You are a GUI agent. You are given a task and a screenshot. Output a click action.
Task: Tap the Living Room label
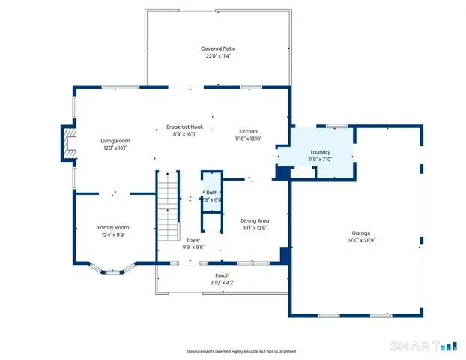pos(115,141)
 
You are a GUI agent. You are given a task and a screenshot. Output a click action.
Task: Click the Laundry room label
pos(320,151)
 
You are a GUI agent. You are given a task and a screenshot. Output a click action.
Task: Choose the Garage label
pos(361,233)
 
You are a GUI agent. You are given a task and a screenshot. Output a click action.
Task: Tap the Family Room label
pos(113,227)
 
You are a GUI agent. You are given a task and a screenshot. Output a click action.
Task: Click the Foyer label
pos(193,239)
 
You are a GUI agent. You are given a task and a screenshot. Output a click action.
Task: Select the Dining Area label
pos(255,220)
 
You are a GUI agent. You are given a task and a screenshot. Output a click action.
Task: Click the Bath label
pos(212,193)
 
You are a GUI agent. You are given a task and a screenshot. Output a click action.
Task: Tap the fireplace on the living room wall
pos(69,143)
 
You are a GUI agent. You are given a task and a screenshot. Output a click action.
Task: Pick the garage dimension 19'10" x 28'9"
pos(361,241)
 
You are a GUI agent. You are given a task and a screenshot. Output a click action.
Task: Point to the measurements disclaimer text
pos(241,351)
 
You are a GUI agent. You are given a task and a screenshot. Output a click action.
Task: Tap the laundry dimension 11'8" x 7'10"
pos(320,159)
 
